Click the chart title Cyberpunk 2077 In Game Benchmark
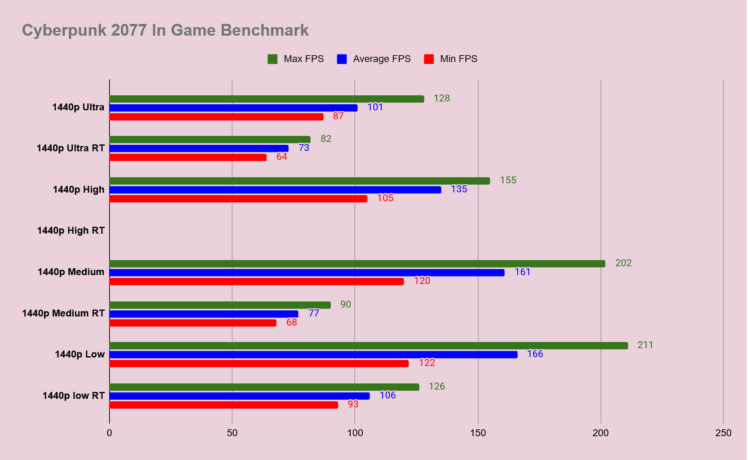pos(165,31)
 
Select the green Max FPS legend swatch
pos(272,59)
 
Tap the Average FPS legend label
pos(382,59)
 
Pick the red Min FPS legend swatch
pos(429,59)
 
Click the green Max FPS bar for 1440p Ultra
pos(267,99)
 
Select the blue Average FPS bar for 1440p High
pos(276,190)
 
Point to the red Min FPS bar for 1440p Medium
pos(257,281)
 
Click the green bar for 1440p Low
pos(369,346)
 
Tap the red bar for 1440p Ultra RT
pos(188,157)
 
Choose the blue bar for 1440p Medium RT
pos(204,314)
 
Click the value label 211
pos(646,345)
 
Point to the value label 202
pos(623,263)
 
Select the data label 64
pos(282,156)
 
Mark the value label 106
pos(387,395)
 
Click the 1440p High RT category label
pos(71,231)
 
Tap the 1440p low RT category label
pos(73,396)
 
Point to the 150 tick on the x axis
pos(478,433)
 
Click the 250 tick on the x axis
pos(723,433)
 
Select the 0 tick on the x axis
pos(110,433)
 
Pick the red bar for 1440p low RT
pos(224,405)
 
